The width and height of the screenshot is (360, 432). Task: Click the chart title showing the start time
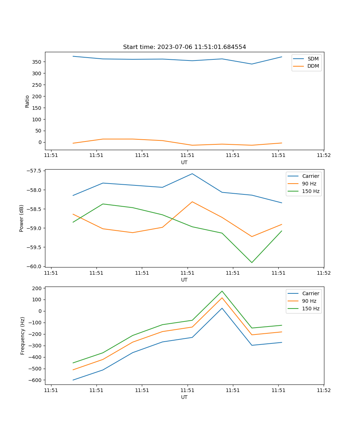(184, 47)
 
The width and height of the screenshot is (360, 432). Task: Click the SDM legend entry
(313, 59)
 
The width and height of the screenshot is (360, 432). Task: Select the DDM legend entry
(313, 66)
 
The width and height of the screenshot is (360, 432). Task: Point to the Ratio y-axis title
(27, 101)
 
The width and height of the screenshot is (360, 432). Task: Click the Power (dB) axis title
(22, 218)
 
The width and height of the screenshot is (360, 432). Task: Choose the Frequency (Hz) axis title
(23, 336)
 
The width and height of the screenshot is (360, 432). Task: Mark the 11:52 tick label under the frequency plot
(324, 390)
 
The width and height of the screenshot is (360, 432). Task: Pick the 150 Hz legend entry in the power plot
(311, 191)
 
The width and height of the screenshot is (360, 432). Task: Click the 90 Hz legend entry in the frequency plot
(309, 301)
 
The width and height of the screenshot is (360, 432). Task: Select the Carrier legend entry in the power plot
(310, 176)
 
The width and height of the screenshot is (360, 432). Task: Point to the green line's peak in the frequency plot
(222, 291)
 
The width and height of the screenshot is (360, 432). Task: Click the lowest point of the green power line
(252, 262)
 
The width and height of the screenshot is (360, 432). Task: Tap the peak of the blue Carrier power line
(192, 174)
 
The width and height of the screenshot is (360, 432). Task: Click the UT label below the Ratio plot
(184, 162)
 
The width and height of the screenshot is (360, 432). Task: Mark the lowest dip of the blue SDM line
(252, 64)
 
